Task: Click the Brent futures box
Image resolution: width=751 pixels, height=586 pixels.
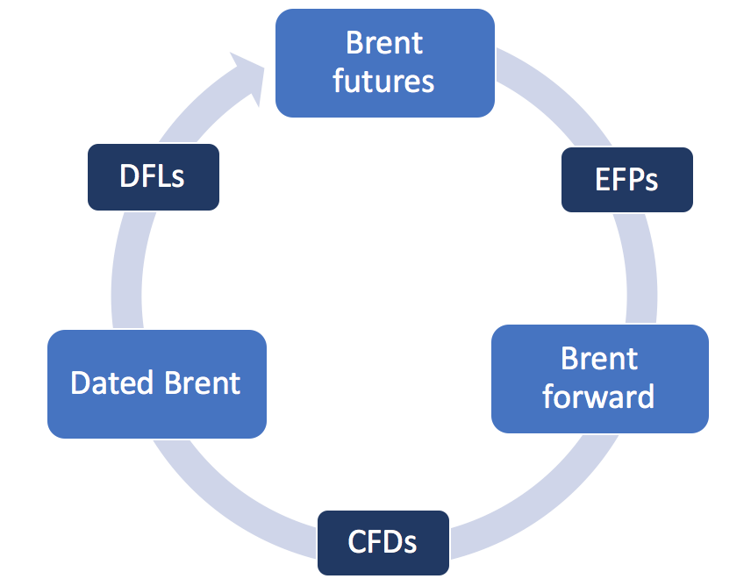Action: (384, 62)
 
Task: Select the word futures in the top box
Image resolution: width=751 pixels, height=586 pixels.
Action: (383, 82)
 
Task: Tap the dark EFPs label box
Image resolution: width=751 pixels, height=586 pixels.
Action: (626, 179)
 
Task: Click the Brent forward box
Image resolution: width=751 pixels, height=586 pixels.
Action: (599, 378)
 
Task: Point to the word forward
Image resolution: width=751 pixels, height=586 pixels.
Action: (598, 397)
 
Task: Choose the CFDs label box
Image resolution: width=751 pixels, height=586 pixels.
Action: (383, 542)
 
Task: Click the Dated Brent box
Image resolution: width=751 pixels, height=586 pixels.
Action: (156, 383)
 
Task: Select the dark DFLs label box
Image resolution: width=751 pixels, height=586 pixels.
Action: (153, 176)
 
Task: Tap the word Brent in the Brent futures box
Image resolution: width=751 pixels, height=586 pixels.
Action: (384, 43)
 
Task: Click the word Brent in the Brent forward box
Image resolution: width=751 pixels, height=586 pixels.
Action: (599, 359)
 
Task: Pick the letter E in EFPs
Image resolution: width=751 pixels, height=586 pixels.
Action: (604, 180)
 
